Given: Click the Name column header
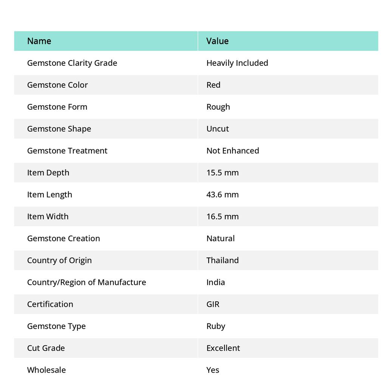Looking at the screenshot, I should pos(39,41).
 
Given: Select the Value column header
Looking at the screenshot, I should pos(217,41).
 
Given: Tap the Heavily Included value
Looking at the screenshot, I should pos(237,63).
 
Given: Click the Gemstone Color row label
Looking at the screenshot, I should pos(57,85).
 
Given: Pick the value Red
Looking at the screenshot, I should pos(213,85).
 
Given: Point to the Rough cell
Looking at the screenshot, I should pos(218,107).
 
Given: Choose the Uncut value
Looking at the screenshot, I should pos(217,128).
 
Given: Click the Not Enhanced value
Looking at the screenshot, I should pos(232,150).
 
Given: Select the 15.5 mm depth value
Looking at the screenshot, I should pos(222,172).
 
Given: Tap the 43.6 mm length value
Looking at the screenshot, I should pos(222,194).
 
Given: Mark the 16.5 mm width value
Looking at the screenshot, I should pos(222,216).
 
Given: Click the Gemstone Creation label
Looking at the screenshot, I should pos(63,238).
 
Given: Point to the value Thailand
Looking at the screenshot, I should pos(222,260).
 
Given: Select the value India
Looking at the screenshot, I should pos(215,282).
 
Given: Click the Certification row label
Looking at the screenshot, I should pos(50,304).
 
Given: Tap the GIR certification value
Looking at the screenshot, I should pos(213,304).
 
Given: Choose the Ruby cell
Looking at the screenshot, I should pos(215,326).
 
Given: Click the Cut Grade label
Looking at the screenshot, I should pos(46,348).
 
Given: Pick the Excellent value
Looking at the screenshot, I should pos(223,348).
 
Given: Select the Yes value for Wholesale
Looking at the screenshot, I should pos(212,370).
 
